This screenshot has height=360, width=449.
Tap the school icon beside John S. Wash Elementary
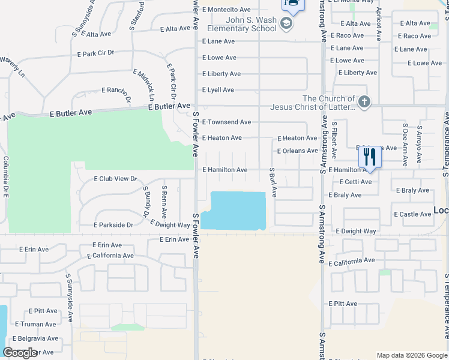point(286,24)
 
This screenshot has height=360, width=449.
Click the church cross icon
point(364,101)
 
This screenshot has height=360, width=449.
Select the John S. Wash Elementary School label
point(242,24)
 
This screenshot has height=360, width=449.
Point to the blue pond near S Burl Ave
point(234,210)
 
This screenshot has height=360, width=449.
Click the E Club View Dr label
point(116,179)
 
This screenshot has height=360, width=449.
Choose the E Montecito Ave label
point(226,10)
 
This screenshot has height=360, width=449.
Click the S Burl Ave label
point(273,182)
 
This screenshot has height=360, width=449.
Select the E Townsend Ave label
point(226,122)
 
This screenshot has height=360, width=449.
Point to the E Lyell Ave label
point(218,90)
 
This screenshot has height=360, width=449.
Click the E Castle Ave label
point(412,214)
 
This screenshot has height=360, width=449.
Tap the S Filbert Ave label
point(335,136)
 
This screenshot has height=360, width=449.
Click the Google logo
point(20,353)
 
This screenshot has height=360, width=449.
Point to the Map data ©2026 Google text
point(411,355)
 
